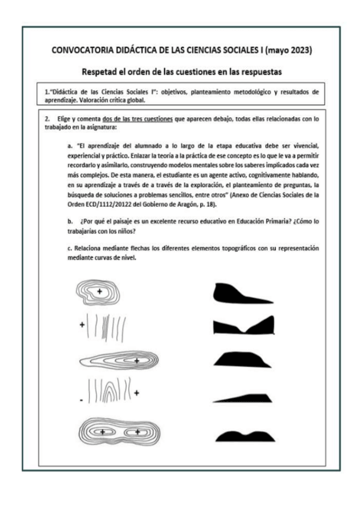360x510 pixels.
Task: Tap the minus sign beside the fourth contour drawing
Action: click(81, 399)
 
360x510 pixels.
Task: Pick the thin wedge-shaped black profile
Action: click(243, 397)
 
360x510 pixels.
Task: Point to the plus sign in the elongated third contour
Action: click(137, 361)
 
